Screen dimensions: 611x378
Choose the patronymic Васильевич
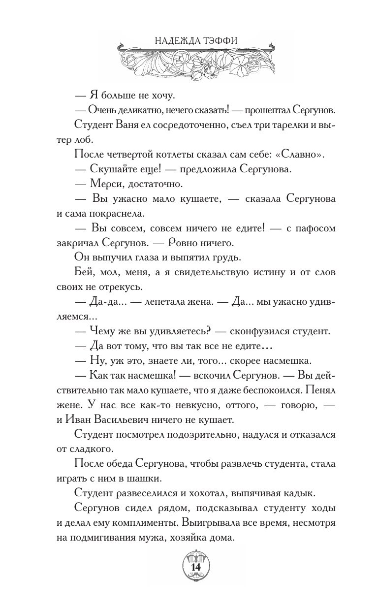click(x=133, y=420)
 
